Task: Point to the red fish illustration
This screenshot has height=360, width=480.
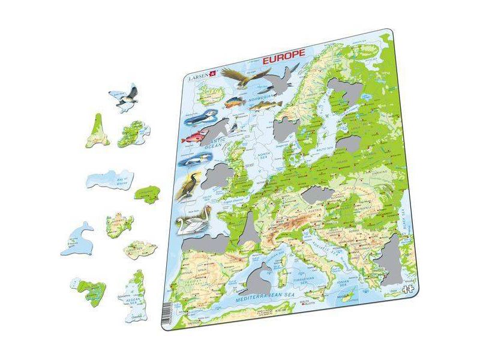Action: point(194,137)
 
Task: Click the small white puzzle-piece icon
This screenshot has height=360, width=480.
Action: point(409,289)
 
